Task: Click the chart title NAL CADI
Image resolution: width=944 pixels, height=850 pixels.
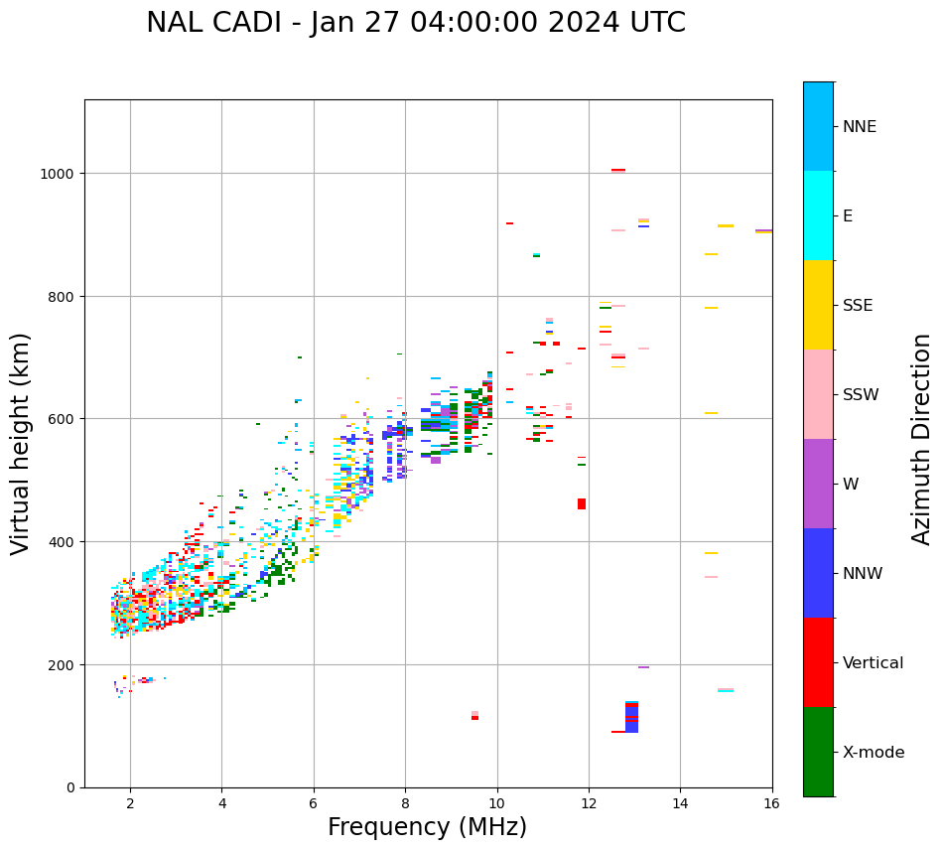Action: pos(415,23)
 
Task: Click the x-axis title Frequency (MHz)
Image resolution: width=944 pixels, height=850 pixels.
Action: pos(427,827)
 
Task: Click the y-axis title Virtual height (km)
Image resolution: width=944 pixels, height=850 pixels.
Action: pos(21,443)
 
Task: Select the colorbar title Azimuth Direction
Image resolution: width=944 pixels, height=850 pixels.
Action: pos(922,439)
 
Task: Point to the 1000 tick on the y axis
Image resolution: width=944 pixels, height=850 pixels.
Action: pos(62,174)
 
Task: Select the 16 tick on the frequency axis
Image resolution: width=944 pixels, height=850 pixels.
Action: pos(771,805)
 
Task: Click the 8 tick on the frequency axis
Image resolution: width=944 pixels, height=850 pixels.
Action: pos(405,805)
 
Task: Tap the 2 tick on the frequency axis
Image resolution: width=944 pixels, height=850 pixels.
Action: pos(130,805)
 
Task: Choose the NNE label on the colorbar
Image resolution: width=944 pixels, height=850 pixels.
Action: pos(860,127)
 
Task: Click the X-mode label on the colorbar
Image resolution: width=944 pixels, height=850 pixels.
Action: pos(874,753)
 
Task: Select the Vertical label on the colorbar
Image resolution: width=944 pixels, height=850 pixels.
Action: pos(874,663)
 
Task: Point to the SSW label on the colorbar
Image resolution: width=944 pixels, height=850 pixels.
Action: pos(861,395)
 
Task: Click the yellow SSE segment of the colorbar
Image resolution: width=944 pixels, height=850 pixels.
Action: pos(818,305)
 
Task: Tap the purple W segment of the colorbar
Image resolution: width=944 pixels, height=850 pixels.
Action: pos(818,484)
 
